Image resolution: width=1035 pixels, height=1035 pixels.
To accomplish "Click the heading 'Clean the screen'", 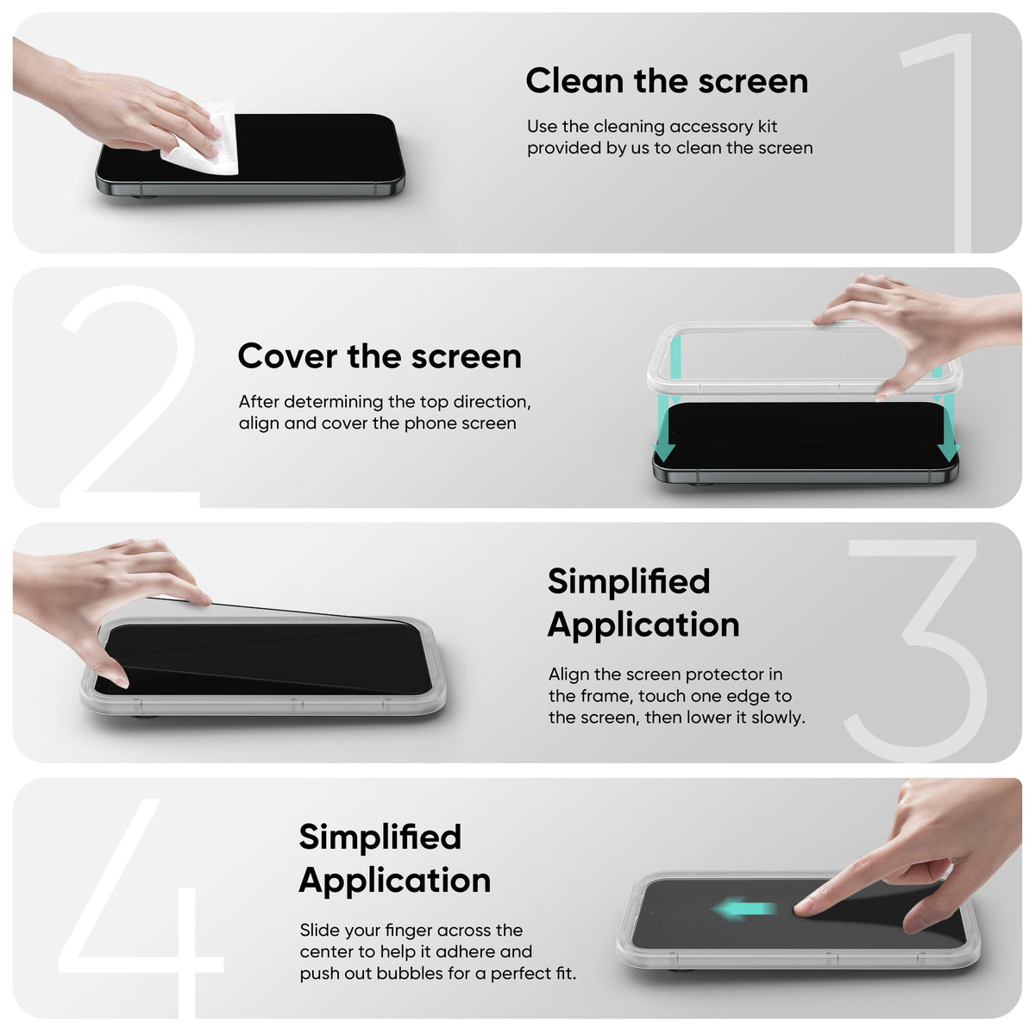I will (x=667, y=81).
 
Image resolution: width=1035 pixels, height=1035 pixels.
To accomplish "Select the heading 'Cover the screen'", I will (x=379, y=356).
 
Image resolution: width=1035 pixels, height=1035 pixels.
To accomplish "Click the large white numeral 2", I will (x=129, y=397).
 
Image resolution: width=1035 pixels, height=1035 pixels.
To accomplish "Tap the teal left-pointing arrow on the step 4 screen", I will (x=743, y=908).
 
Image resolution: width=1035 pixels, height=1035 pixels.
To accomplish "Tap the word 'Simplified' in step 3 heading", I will (x=629, y=581).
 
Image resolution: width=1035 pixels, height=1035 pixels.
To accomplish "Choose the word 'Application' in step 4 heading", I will (x=395, y=881).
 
